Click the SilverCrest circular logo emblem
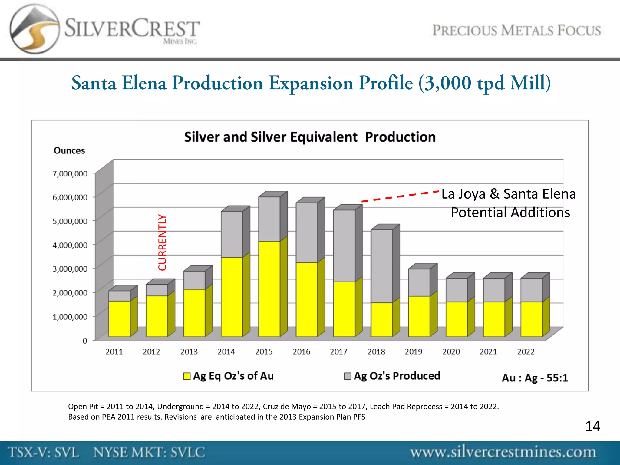(x=34, y=29)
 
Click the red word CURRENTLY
(x=163, y=242)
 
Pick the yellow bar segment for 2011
(x=119, y=318)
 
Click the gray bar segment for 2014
(x=232, y=234)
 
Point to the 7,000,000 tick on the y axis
(x=70, y=174)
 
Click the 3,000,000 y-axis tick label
(x=70, y=269)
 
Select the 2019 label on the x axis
(x=413, y=352)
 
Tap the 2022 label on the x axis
(x=526, y=352)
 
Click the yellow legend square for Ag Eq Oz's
(x=187, y=376)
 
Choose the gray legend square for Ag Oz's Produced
(x=348, y=376)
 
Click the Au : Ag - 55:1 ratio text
(x=535, y=378)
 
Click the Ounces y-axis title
(x=69, y=151)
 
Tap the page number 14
(x=592, y=426)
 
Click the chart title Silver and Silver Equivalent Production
(x=310, y=137)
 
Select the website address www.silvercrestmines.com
(x=503, y=452)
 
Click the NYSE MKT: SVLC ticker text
(x=149, y=452)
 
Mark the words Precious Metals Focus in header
(x=516, y=31)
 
